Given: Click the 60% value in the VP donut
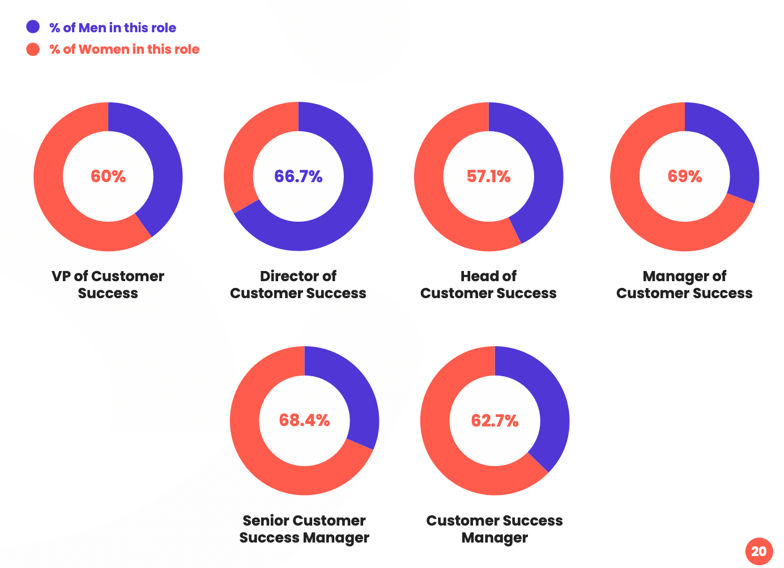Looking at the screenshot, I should coord(108,177).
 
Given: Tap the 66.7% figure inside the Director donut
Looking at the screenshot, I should coord(298,177).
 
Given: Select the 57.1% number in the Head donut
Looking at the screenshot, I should coord(488,177).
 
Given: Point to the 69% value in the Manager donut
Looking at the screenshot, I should coord(684,177).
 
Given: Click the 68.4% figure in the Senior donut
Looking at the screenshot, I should coord(304,420).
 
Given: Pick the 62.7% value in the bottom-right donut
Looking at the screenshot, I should coord(495,421).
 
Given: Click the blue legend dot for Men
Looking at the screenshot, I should coord(33,27).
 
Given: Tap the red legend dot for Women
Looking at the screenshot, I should coord(33,49).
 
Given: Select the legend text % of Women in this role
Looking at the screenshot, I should coord(124,49).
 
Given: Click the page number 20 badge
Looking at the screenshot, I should coord(759,551).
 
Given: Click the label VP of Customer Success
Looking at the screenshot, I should coord(108,285).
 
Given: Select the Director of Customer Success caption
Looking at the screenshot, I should coord(298,285).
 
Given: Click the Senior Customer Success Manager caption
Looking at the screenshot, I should coord(304,529).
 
